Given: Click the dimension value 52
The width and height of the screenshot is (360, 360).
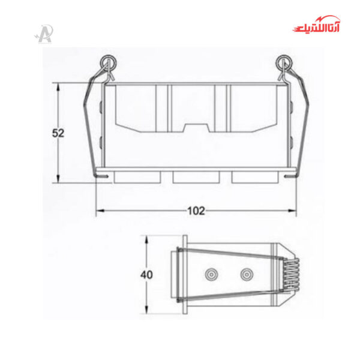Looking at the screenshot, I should [x=58, y=133].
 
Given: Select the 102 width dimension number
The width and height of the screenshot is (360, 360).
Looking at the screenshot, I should [x=196, y=211].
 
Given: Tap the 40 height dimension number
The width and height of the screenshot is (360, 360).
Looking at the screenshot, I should [x=146, y=275].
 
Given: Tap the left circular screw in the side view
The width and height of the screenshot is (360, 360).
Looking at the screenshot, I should [x=211, y=275].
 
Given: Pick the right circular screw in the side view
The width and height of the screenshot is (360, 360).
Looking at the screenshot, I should [x=246, y=275].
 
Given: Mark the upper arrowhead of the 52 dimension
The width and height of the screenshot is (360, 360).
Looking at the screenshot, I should [x=58, y=86].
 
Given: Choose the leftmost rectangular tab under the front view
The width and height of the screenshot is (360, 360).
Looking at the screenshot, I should [x=137, y=177].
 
